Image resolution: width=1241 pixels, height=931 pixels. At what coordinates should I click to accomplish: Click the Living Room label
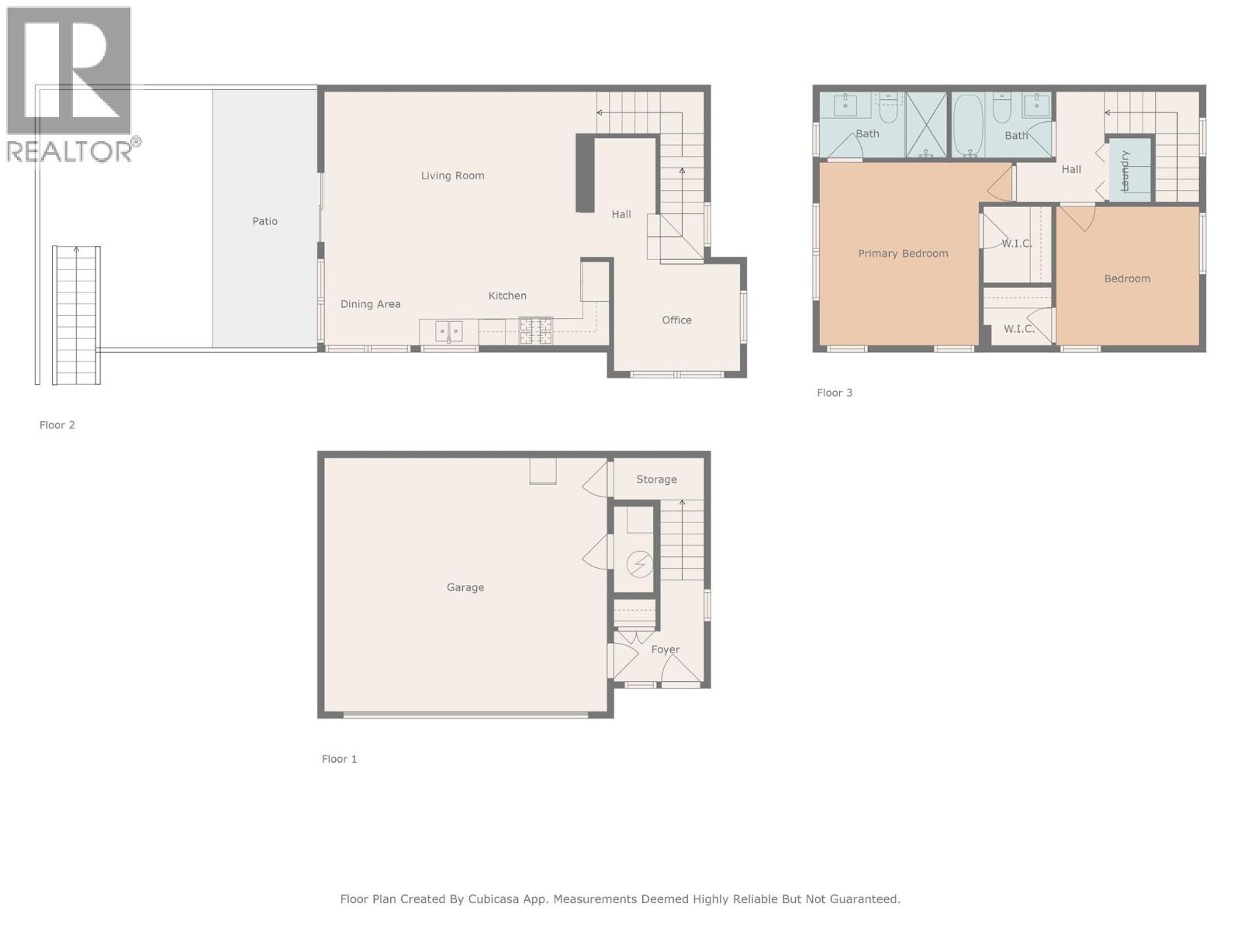coord(452,175)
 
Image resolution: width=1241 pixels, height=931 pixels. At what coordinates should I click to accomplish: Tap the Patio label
coord(264,221)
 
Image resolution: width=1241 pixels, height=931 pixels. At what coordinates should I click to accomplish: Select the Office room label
coord(676,320)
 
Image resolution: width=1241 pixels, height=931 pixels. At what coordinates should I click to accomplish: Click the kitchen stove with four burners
coord(536,331)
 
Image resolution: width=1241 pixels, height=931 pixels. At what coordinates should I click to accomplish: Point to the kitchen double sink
coord(448,331)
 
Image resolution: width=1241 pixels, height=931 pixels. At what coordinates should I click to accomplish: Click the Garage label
coord(465,587)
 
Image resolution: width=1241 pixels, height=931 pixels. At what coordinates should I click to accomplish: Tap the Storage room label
coord(656,479)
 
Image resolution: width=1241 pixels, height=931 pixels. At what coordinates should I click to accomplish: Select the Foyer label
coord(665,649)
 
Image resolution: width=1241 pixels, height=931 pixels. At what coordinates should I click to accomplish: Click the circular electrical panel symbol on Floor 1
coord(639,564)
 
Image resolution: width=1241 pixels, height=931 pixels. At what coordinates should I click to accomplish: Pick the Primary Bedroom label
coord(903,254)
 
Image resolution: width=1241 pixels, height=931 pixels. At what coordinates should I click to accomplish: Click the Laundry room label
coord(1125,171)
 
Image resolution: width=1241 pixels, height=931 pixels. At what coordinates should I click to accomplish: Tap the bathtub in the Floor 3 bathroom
coord(967,124)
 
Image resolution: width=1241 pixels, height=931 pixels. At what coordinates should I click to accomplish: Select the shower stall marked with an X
coord(926,124)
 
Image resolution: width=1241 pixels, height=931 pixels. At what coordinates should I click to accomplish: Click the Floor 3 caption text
coord(835,393)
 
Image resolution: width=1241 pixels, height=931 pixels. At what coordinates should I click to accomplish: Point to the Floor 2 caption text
coord(57,425)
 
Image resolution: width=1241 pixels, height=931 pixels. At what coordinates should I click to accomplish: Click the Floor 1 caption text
coord(340,759)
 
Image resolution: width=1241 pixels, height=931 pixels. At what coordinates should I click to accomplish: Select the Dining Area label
coord(371,304)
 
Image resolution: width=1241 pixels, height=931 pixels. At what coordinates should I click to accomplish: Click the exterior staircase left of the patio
coord(76,314)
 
